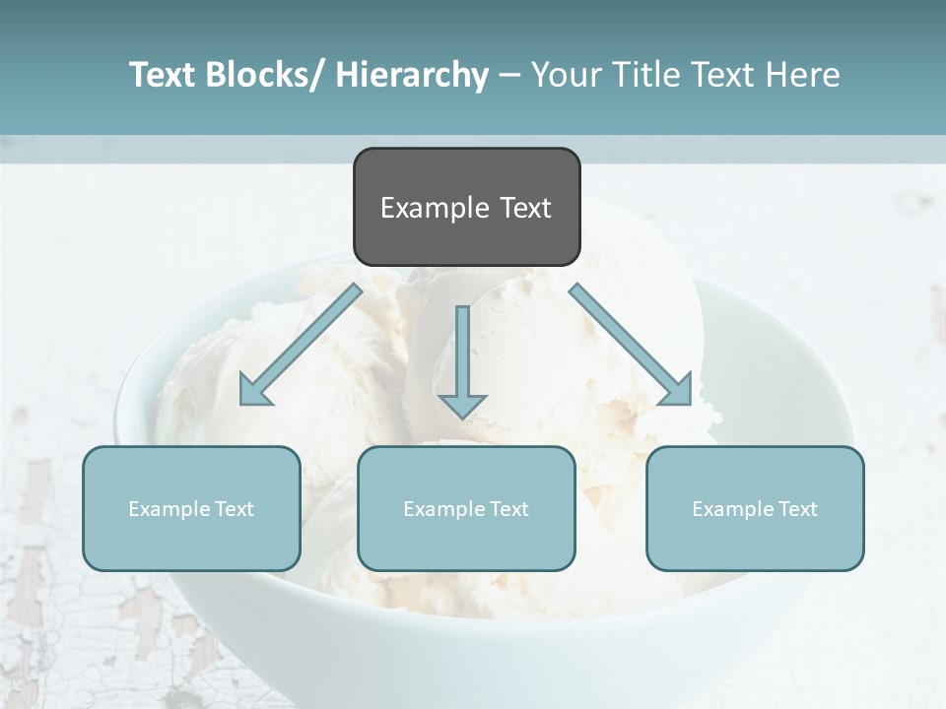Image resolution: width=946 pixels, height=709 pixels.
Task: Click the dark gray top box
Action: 466,207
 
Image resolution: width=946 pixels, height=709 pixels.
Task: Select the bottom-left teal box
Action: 191,508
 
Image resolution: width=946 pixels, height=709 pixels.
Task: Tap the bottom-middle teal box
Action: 466,508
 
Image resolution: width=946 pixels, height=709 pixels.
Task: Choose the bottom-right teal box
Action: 755,508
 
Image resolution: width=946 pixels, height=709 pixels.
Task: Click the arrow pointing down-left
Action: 301,345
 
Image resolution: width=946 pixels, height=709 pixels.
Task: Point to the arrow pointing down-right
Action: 631,345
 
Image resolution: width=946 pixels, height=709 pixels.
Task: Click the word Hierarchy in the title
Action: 412,75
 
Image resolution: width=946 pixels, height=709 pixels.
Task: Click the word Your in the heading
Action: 565,75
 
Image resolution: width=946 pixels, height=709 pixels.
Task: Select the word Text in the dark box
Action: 524,208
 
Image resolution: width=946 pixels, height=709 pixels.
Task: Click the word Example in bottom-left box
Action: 169,509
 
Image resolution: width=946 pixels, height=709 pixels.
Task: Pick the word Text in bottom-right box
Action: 796,509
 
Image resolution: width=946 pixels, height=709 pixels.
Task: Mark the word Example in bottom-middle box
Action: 443,509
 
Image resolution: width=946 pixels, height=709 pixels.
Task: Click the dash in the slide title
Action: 509,75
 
